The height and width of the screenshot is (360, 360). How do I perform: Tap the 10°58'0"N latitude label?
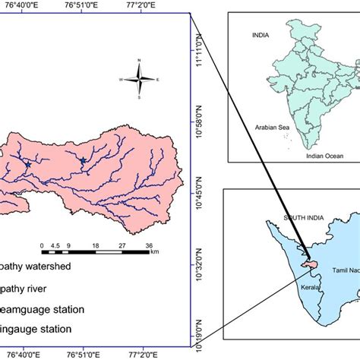point(201,122)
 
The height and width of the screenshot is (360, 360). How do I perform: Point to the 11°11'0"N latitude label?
point(201,54)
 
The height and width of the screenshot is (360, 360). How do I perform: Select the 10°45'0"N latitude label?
point(201,190)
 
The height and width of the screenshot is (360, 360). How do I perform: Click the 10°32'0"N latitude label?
point(201,258)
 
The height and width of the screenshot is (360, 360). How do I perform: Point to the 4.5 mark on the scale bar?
point(53,245)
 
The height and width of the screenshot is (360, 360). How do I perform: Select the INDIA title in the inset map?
point(262,35)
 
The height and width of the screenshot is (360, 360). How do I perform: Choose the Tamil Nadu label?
point(344,271)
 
